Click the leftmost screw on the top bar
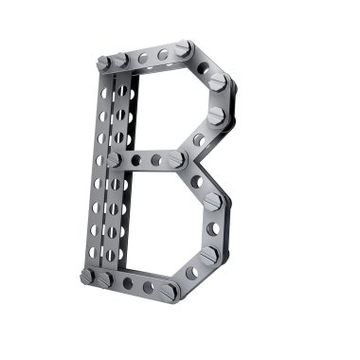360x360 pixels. coord(103,63)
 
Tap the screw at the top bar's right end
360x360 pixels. coord(183,47)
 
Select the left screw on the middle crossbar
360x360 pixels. coord(115,161)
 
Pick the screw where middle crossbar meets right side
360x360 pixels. coord(177,160)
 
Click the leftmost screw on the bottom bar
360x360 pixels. coord(88,277)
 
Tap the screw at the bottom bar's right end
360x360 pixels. coord(171,292)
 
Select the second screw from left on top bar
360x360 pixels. coord(120,60)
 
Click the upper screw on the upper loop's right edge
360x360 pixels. coord(218,81)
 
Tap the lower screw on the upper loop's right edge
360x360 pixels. coord(217,117)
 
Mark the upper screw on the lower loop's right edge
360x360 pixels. coord(213,201)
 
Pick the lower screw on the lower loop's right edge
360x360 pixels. coord(209,254)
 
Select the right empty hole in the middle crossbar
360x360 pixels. coord(156,161)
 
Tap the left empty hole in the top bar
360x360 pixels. coord(143,58)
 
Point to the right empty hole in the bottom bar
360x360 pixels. coord(149,287)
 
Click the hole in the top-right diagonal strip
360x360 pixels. coord(203,67)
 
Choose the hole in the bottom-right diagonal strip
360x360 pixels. coord(192,273)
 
